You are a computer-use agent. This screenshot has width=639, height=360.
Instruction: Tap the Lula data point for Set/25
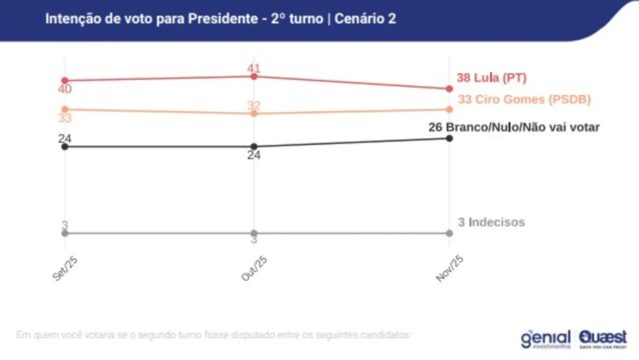(65, 80)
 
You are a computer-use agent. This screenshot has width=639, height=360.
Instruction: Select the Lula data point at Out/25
(254, 76)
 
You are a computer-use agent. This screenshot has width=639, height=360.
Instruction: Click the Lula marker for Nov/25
(449, 89)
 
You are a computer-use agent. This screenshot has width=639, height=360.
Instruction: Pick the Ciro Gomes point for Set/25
(65, 110)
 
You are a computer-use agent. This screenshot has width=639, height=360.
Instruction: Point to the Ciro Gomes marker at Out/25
(254, 114)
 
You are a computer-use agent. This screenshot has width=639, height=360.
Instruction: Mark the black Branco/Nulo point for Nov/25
(449, 138)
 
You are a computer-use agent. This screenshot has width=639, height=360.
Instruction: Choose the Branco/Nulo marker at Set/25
(65, 147)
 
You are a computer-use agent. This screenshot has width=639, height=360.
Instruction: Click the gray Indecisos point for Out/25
(254, 233)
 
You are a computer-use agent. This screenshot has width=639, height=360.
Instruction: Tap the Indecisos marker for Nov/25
(449, 233)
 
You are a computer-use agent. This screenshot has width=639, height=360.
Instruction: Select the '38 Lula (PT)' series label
(492, 78)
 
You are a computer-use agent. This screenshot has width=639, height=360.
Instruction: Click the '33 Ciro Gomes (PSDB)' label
(524, 100)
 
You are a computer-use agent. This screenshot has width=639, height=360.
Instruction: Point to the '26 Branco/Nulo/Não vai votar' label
(514, 127)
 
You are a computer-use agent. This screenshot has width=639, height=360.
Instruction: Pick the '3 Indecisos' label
(491, 222)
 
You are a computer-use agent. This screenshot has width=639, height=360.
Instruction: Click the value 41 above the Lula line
(253, 68)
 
